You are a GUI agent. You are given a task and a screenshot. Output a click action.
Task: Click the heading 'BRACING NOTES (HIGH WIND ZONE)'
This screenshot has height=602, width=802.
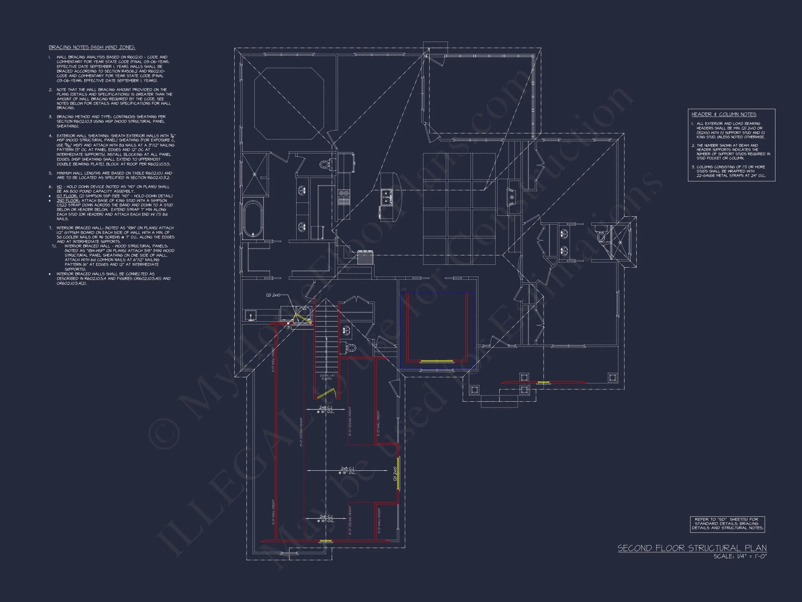coord(92,47)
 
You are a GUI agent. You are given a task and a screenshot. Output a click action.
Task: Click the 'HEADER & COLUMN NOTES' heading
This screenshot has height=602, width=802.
coord(724,115)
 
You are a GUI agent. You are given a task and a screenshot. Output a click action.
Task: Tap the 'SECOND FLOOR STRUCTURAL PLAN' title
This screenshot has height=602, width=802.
coord(692,548)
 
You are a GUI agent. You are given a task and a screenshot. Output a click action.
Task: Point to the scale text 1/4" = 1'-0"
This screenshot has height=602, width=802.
coord(740,557)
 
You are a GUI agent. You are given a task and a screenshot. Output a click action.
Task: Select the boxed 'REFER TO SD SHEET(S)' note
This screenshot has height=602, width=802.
coord(727,524)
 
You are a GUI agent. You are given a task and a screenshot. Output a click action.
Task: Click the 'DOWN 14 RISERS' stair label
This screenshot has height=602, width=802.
coord(326,377)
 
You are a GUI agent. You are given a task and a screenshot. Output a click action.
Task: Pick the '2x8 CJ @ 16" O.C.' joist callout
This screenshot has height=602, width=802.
coord(347,471)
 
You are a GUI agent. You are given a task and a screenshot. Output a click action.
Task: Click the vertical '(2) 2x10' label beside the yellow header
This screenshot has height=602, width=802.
coord(395,473)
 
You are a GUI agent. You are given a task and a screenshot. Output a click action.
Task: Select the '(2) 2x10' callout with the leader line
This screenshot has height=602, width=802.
coord(273,295)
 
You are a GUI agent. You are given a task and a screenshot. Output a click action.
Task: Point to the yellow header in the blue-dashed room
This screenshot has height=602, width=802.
coord(437,361)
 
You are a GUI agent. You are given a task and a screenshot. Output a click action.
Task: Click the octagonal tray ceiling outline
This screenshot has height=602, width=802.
coord(289,103)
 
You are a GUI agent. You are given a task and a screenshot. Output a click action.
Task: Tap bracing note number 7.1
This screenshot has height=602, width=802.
coord(54,246)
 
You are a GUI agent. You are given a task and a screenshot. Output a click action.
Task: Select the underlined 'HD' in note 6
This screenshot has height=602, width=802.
coord(59,186)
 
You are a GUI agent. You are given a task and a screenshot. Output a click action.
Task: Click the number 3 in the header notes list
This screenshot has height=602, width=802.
coord(693,167)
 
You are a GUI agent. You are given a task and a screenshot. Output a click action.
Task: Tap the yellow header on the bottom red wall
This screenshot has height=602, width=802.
coord(325,541)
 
